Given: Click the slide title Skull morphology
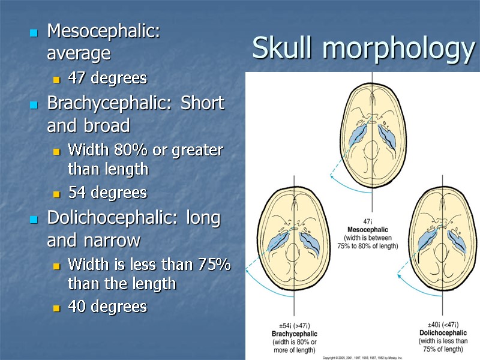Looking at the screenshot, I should click(363, 48).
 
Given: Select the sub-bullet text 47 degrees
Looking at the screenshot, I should click(107, 78).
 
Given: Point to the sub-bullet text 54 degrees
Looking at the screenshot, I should click(107, 193).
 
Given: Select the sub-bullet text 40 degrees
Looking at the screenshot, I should click(107, 307).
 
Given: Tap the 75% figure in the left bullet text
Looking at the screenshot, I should click(210, 263).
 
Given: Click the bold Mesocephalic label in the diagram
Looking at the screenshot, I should click(368, 229).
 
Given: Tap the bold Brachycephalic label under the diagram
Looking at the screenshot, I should click(295, 334).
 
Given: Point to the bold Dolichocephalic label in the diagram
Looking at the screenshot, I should click(443, 332).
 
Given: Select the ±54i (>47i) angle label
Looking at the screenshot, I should click(295, 325).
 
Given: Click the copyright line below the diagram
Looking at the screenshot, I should click(362, 357).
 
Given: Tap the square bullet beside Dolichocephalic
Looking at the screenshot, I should click(34, 220).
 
